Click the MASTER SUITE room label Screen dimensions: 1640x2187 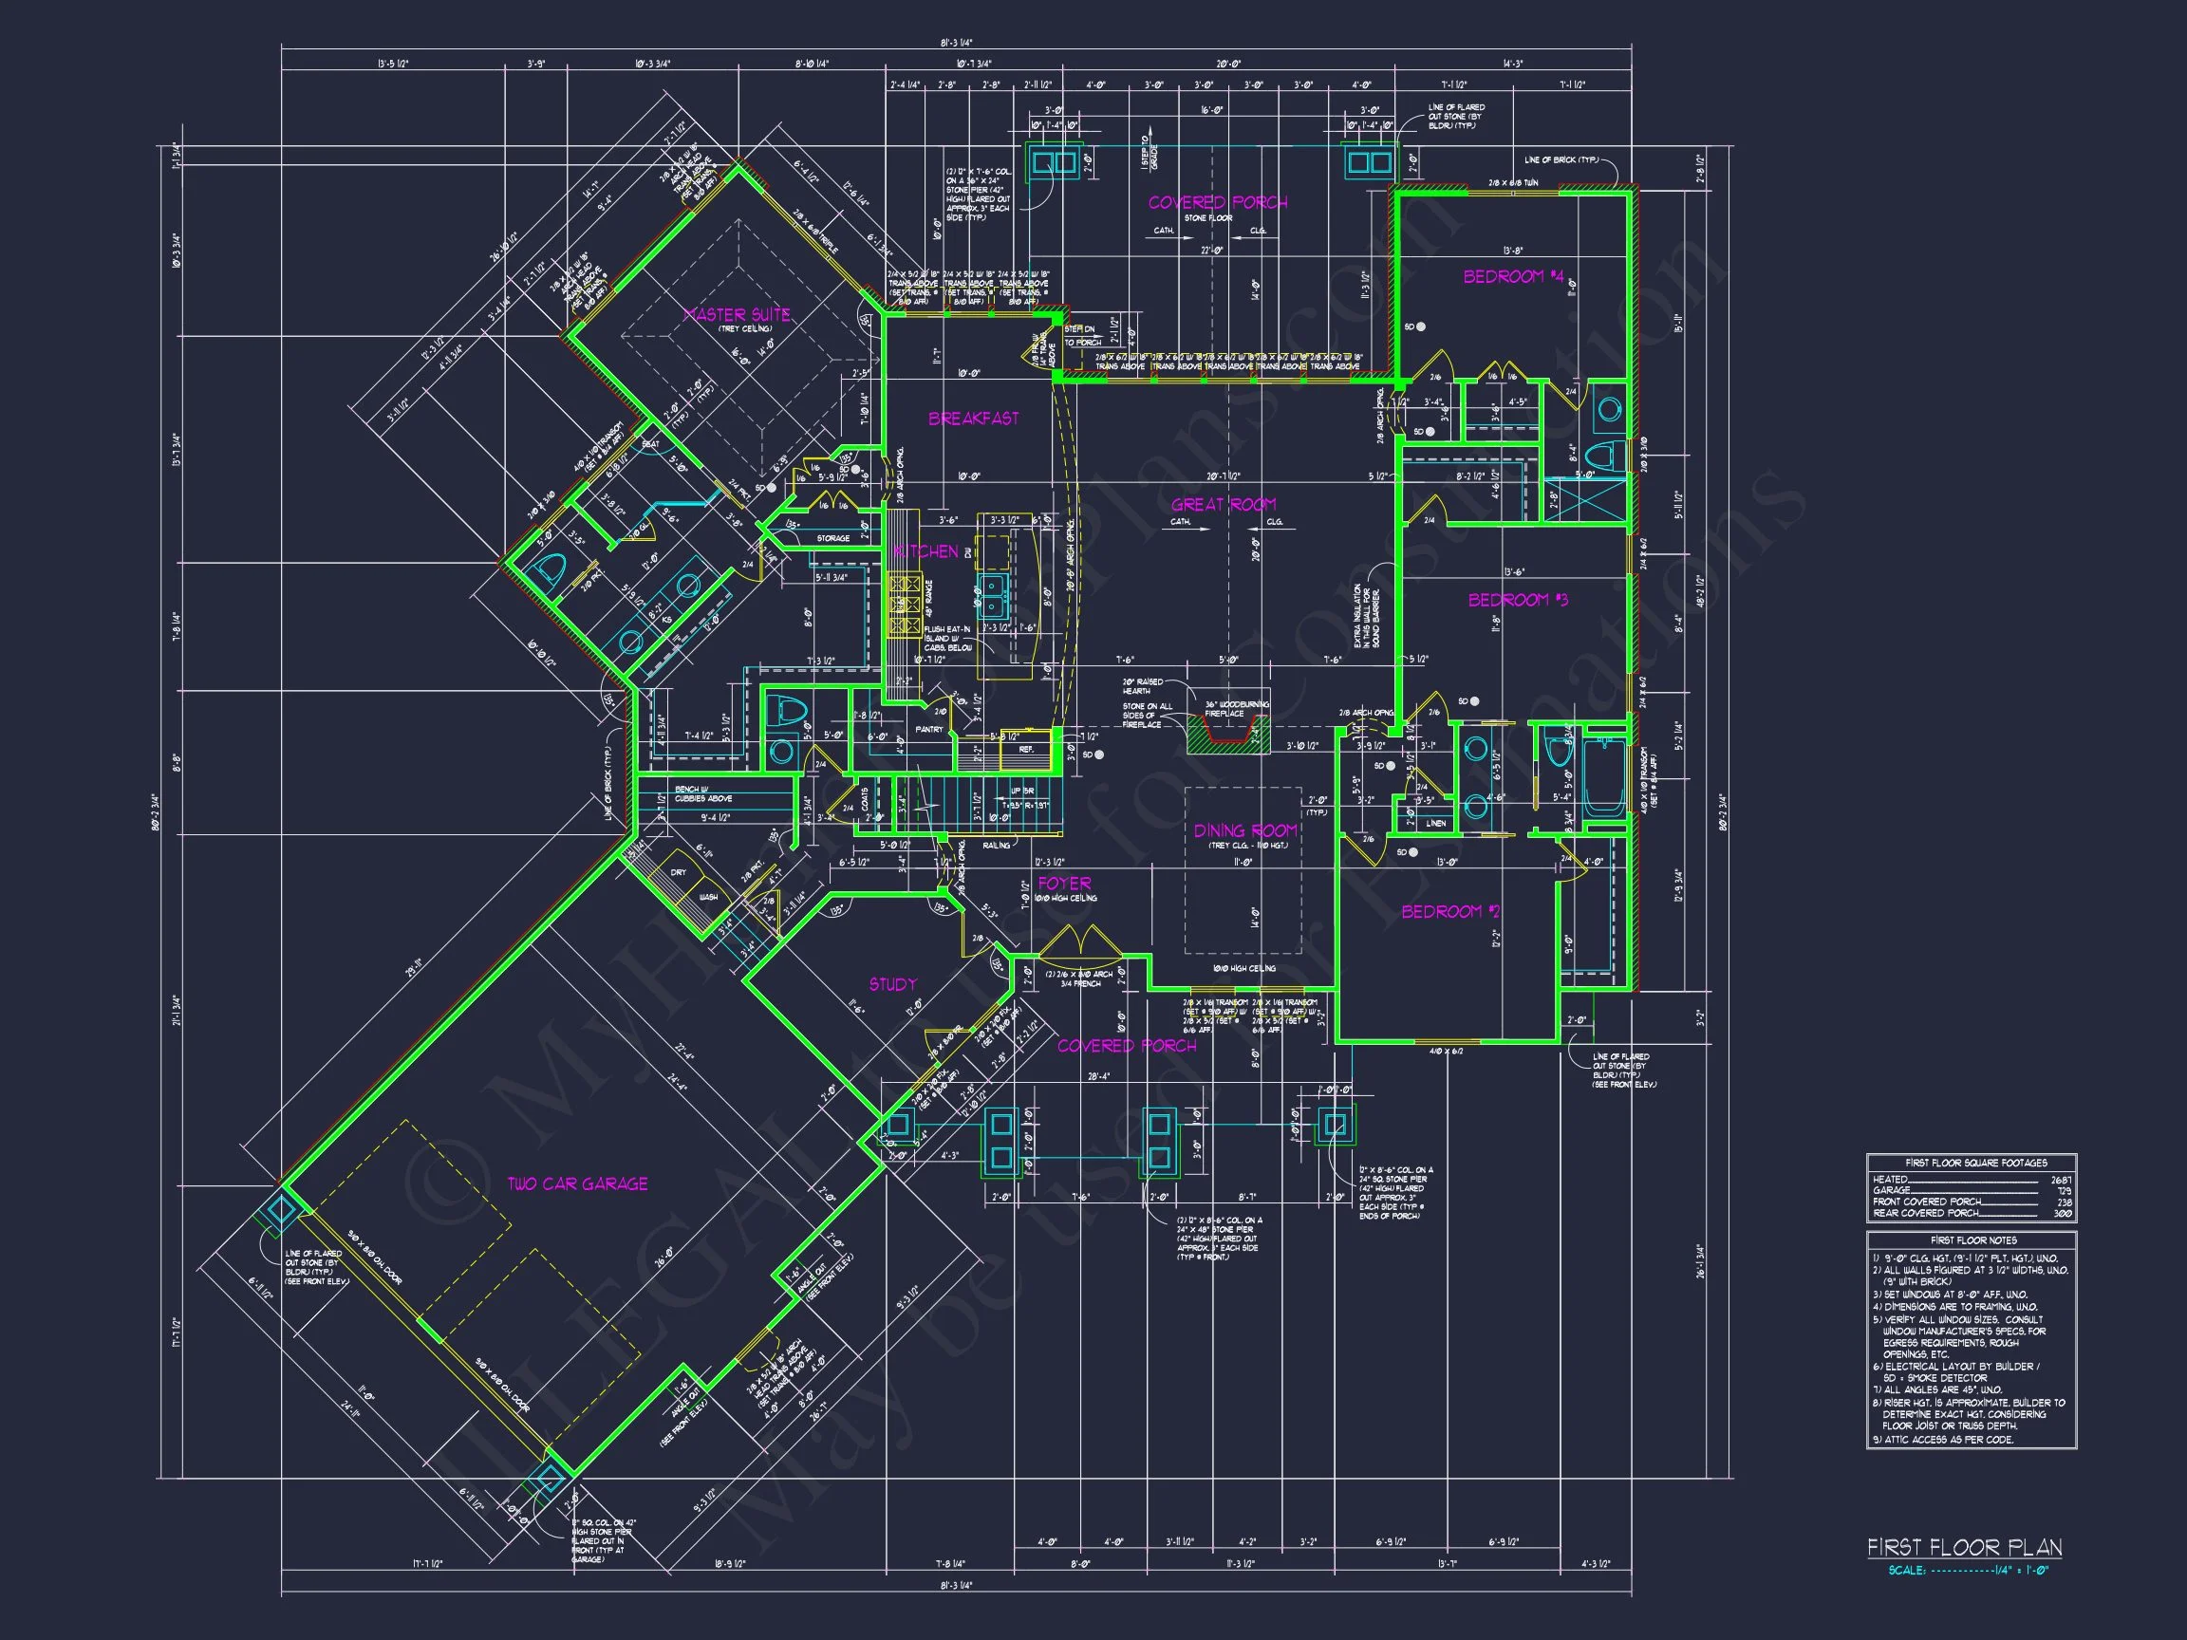(x=737, y=314)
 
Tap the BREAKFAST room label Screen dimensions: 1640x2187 (x=973, y=419)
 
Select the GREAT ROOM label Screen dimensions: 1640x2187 (x=1223, y=504)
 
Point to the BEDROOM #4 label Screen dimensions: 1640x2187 (x=1513, y=277)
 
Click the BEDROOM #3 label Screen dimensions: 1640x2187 (x=1517, y=600)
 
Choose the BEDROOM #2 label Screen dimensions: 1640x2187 (x=1450, y=911)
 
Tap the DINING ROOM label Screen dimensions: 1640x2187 (x=1244, y=830)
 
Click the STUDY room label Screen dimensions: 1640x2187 (x=893, y=983)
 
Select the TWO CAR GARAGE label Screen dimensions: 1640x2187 (x=577, y=1183)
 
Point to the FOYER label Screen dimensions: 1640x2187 (x=1064, y=883)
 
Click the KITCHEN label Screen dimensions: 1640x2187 (x=925, y=550)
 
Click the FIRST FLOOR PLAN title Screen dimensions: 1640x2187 (x=1964, y=1547)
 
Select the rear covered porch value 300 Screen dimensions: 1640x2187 (x=2063, y=1213)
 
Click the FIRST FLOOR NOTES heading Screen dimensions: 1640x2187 (x=1972, y=1239)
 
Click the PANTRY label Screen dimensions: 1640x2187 (x=928, y=730)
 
